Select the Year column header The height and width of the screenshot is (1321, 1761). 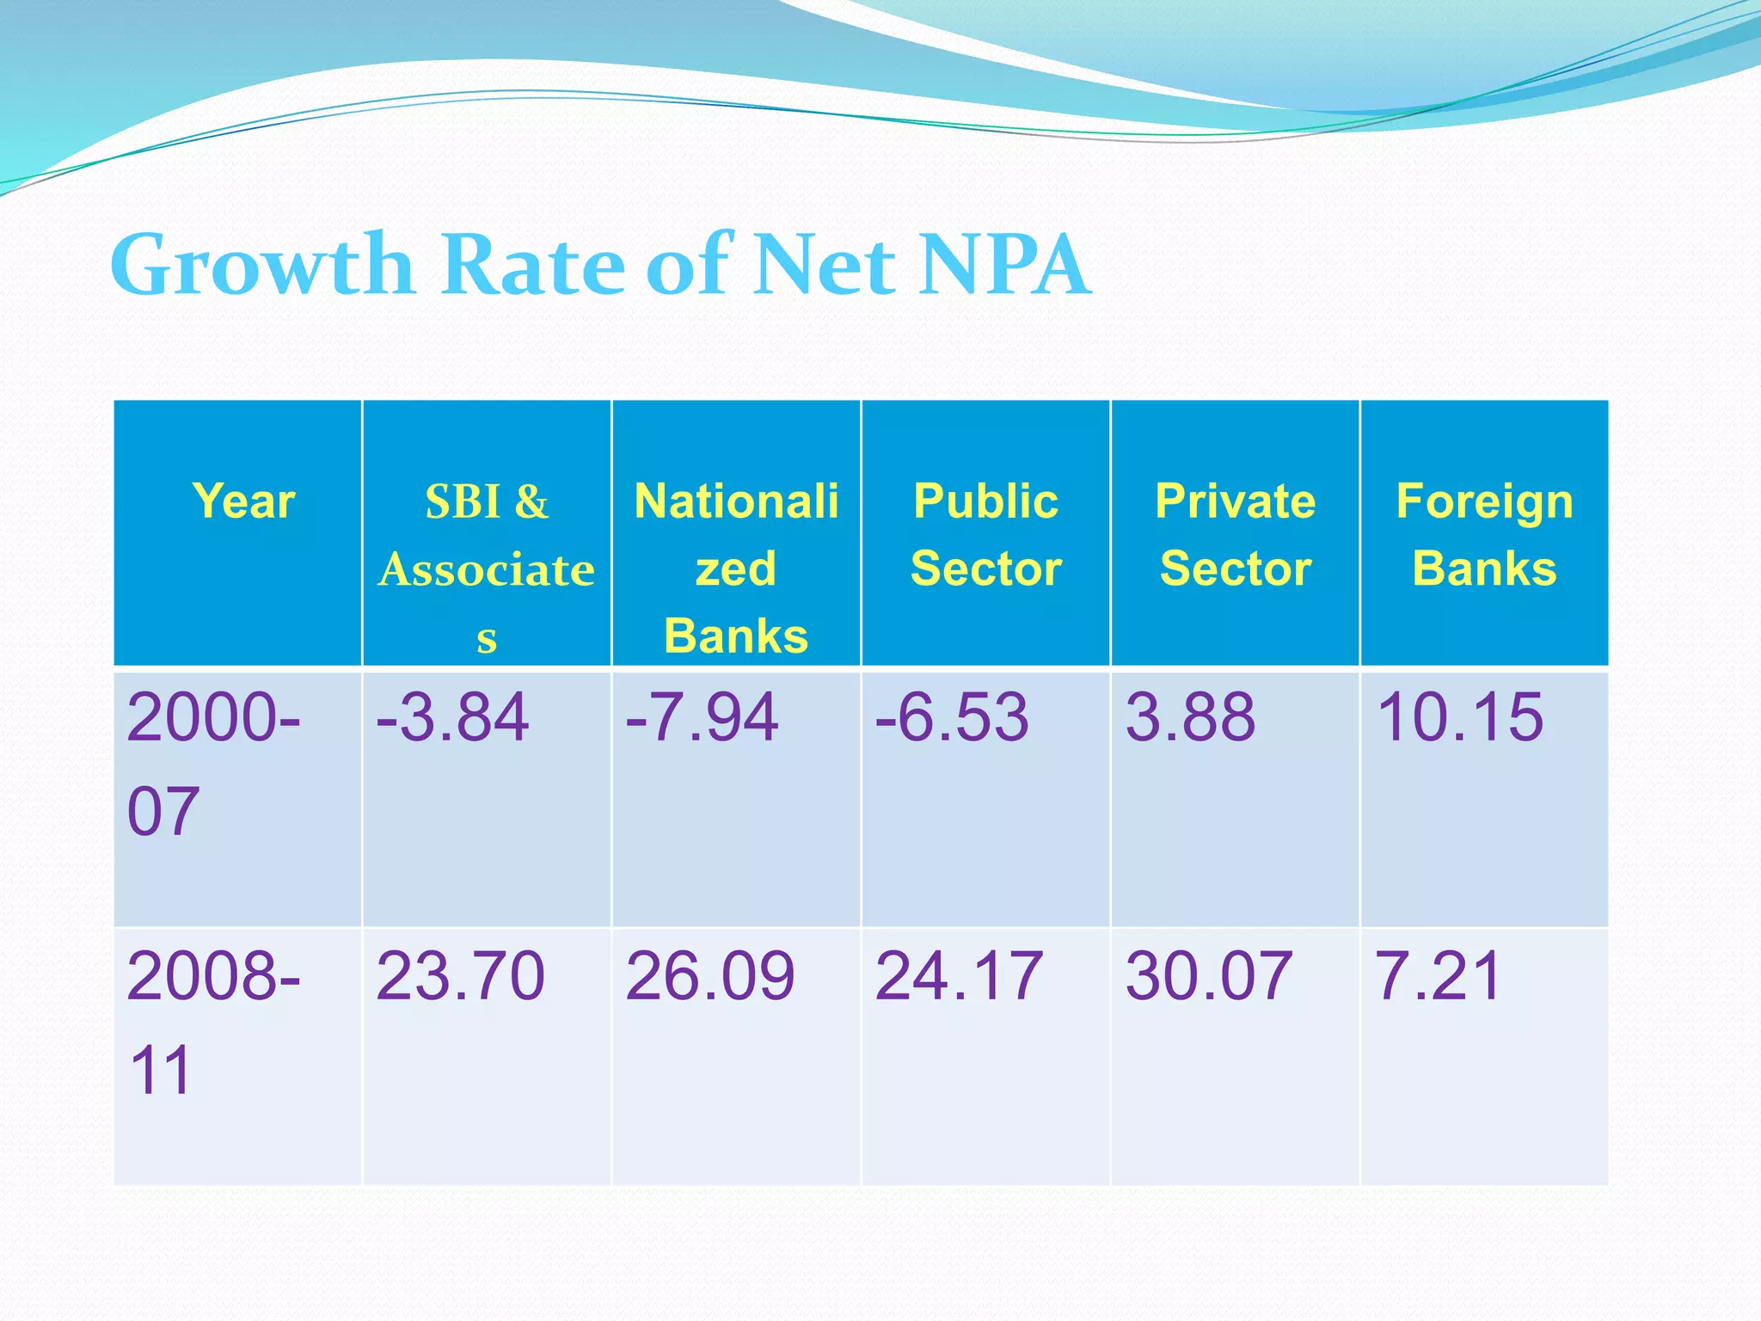pyautogui.click(x=243, y=501)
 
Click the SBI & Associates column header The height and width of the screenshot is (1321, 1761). pyautogui.click(x=487, y=568)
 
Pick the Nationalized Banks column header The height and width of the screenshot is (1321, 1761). pyautogui.click(x=736, y=568)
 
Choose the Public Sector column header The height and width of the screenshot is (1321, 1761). pyautogui.click(x=985, y=535)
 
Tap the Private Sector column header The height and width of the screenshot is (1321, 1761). pyautogui.click(x=1235, y=535)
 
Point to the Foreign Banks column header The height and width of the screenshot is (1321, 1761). pyautogui.click(x=1484, y=535)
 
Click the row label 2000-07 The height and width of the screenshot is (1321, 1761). pyautogui.click(x=212, y=764)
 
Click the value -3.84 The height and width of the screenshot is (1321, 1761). pyautogui.click(x=452, y=717)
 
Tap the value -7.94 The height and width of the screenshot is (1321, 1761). pyautogui.click(x=702, y=717)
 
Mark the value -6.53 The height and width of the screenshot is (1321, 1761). pyautogui.click(x=951, y=717)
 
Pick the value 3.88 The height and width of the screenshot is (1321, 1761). pyautogui.click(x=1190, y=717)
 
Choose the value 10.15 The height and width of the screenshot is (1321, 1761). pyautogui.click(x=1459, y=717)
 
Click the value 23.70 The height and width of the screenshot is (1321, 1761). pyautogui.click(x=460, y=976)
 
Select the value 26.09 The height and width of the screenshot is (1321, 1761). pyautogui.click(x=710, y=976)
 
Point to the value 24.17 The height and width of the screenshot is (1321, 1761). pyautogui.click(x=959, y=976)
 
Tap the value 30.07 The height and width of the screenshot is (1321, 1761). pyautogui.click(x=1208, y=976)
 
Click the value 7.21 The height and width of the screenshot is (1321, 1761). pyautogui.click(x=1438, y=976)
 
